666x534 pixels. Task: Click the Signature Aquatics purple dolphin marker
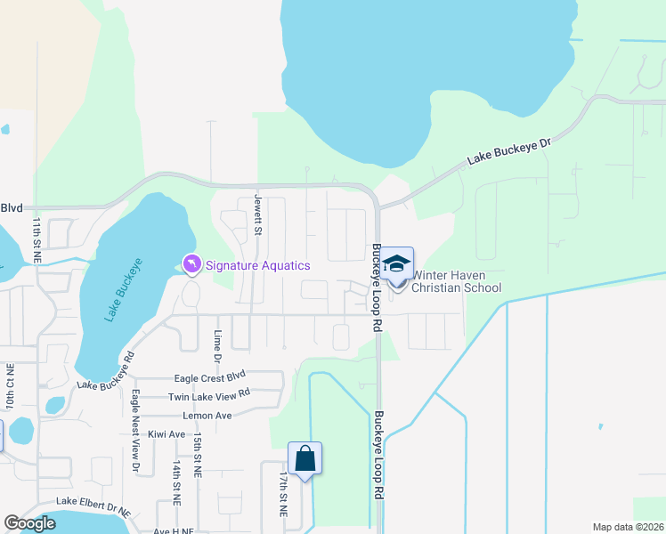tap(191, 264)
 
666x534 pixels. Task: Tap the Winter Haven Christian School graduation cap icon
tap(398, 264)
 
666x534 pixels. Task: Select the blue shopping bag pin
tap(305, 459)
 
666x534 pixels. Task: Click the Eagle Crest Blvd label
tap(209, 376)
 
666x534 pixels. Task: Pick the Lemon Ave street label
tap(206, 416)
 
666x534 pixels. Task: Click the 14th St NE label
tap(177, 483)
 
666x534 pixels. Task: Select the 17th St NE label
tap(284, 495)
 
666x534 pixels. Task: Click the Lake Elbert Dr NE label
tap(93, 507)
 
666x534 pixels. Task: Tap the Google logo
tap(30, 523)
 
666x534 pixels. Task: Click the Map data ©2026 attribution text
tap(627, 527)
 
